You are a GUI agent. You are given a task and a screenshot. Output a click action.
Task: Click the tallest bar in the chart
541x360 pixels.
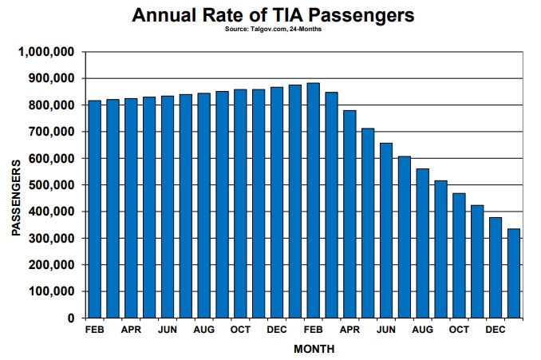click(314, 200)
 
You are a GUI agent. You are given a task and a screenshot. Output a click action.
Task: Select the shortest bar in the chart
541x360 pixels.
click(514, 273)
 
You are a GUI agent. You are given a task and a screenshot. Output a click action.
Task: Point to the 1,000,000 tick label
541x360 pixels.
click(46, 52)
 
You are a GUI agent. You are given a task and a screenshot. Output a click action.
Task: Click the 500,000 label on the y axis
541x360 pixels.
click(51, 185)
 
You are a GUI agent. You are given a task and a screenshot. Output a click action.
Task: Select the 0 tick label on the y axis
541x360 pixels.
click(71, 318)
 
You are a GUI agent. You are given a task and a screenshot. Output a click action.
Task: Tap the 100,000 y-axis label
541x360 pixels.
click(51, 291)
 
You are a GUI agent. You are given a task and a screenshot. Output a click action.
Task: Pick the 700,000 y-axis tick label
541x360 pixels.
click(51, 132)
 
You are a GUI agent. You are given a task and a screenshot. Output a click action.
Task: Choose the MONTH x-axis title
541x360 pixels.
click(314, 349)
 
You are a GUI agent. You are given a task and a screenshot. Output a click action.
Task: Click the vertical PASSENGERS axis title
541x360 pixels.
click(16, 198)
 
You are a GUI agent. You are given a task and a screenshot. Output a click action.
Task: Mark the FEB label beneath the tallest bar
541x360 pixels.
click(314, 330)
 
